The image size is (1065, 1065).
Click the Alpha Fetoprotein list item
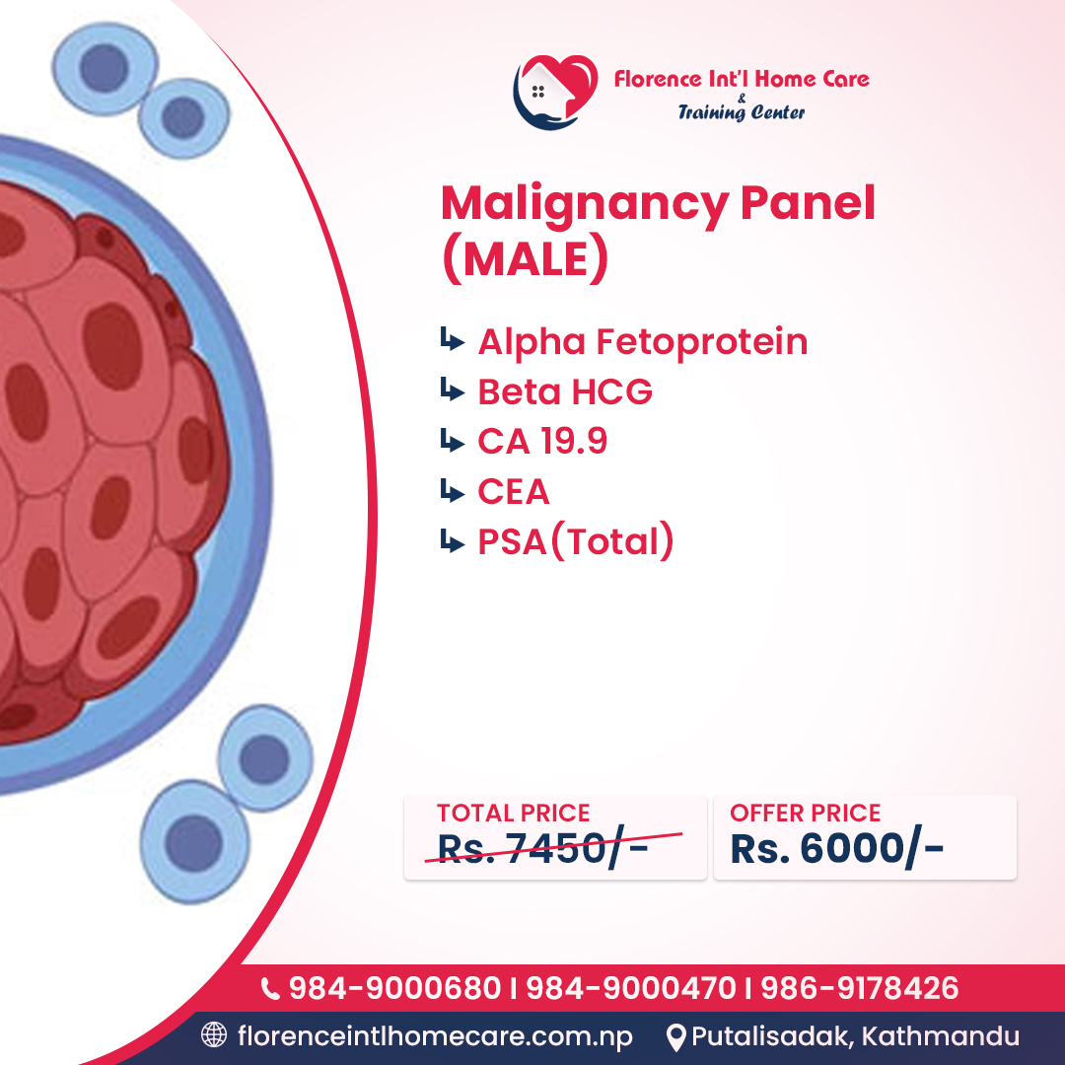[642, 342]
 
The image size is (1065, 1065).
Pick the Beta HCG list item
[565, 392]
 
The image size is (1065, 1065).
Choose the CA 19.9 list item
[542, 442]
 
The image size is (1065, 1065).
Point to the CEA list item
[514, 491]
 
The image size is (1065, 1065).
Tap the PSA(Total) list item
[576, 541]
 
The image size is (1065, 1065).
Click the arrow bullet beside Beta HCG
[452, 391]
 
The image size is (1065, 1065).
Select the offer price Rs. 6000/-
[836, 850]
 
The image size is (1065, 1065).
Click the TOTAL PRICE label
[513, 814]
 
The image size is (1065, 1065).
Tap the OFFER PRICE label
[805, 814]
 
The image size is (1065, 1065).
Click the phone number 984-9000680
[394, 988]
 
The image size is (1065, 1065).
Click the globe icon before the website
[213, 1035]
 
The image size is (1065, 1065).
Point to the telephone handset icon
[269, 988]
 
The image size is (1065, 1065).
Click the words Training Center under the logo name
[741, 112]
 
